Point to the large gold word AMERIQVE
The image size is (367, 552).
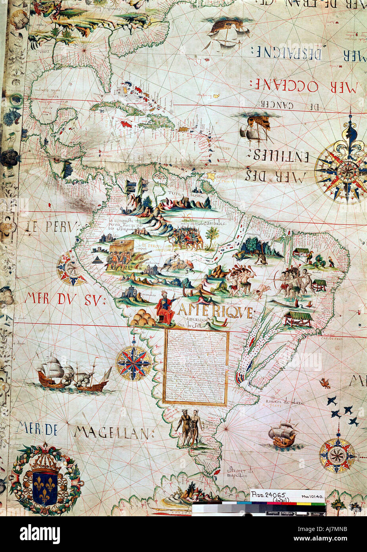(x=215, y=312)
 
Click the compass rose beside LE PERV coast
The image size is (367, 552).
(x=71, y=270)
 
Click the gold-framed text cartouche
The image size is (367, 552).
(x=196, y=367)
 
